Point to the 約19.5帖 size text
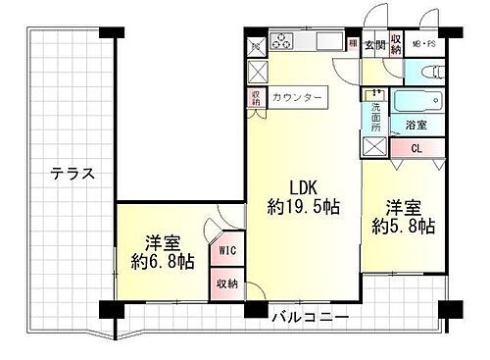coord(304,207)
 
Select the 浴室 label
coord(416,125)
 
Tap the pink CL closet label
coord(416,148)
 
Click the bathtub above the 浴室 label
coord(416,102)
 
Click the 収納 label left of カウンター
coord(256,97)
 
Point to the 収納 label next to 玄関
coord(396,43)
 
